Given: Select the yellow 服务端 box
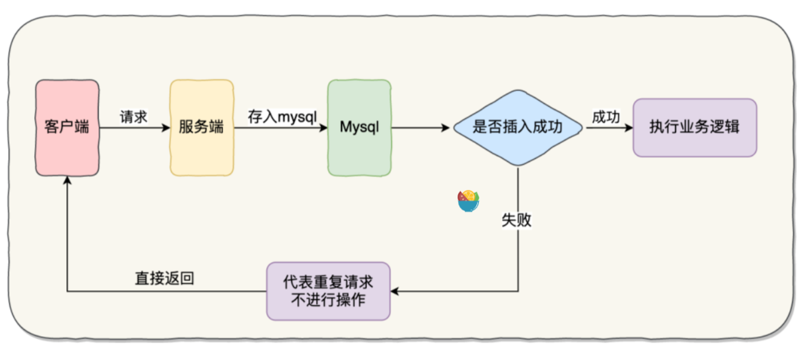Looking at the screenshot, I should pyautogui.click(x=201, y=127).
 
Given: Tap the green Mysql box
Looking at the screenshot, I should pyautogui.click(x=359, y=127).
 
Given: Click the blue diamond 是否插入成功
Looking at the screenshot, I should pyautogui.click(x=518, y=127).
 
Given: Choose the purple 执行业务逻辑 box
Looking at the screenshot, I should pyautogui.click(x=694, y=127).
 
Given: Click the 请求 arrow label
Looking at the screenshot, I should pyautogui.click(x=133, y=117).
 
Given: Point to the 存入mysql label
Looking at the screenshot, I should pyautogui.click(x=282, y=116).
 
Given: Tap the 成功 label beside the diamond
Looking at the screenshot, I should pyautogui.click(x=606, y=117).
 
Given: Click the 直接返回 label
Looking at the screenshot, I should pyautogui.click(x=164, y=279).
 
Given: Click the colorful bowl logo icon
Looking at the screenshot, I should pyautogui.click(x=468, y=201).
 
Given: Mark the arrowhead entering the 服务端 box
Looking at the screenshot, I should pyautogui.click(x=165, y=128).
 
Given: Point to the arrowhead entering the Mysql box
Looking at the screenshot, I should pyautogui.click(x=323, y=128).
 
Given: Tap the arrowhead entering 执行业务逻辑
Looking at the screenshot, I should pyautogui.click(x=628, y=128).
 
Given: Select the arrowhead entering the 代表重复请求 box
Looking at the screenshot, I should pyautogui.click(x=395, y=291).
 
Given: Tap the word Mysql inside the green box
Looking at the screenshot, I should pyautogui.click(x=359, y=127).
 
